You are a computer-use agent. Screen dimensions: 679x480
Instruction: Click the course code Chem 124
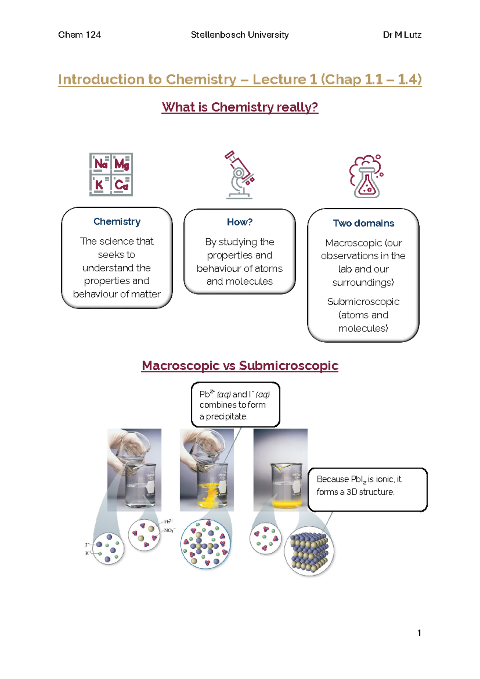pyautogui.click(x=79, y=35)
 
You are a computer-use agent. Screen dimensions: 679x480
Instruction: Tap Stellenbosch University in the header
pyautogui.click(x=240, y=35)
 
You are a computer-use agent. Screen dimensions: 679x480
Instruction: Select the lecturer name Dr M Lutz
pyautogui.click(x=402, y=35)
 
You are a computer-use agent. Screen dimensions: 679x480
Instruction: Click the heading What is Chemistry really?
pyautogui.click(x=240, y=107)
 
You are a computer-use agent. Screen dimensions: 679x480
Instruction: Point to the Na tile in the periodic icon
pyautogui.click(x=100, y=164)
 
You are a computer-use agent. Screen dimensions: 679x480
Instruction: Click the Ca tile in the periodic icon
pyautogui.click(x=122, y=185)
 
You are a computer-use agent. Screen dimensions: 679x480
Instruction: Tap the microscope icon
pyautogui.click(x=239, y=175)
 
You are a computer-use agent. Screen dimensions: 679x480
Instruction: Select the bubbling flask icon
pyautogui.click(x=366, y=177)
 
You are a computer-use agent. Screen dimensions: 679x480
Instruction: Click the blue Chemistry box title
pyautogui.click(x=117, y=221)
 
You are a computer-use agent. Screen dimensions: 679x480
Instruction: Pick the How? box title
pyautogui.click(x=240, y=222)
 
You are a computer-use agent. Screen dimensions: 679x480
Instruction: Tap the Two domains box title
pyautogui.click(x=363, y=223)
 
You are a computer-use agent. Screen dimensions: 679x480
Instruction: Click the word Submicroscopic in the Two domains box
pyautogui.click(x=363, y=301)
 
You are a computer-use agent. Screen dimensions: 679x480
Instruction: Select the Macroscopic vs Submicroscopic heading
pyautogui.click(x=240, y=366)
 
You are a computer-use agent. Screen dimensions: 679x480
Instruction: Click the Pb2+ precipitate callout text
pyautogui.click(x=235, y=405)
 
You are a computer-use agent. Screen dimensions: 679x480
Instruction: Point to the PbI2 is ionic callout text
pyautogui.click(x=359, y=485)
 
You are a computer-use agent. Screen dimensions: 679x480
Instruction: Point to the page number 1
pyautogui.click(x=419, y=633)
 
